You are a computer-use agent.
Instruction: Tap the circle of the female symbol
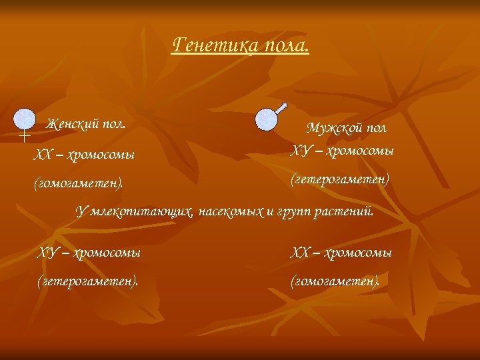pos(25,119)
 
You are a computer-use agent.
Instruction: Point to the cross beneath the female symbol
pos(23,137)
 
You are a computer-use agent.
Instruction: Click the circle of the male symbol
pos(267,119)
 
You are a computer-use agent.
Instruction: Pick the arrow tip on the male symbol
pos(284,105)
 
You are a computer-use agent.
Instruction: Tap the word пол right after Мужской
pos(377,127)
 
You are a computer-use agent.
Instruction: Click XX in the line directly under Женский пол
pos(43,155)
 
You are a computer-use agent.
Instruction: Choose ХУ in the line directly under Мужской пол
pos(299,151)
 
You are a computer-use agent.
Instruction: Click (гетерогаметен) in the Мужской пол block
pos(340,179)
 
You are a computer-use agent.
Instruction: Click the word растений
pos(345,213)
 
